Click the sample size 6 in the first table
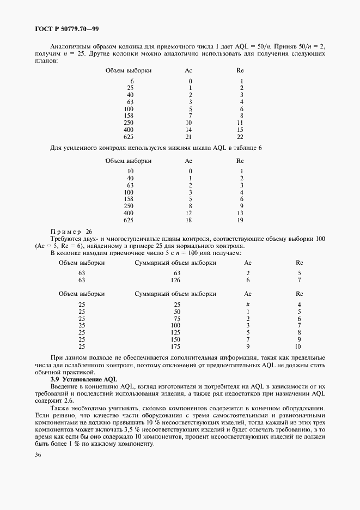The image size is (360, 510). (132, 81)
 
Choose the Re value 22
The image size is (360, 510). (240, 137)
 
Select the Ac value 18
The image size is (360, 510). (188, 220)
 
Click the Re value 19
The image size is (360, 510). (240, 220)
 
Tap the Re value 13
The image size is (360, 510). (240, 213)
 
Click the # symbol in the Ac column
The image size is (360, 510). (247, 304)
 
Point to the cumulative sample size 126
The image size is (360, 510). (175, 280)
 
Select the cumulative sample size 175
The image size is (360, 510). (175, 346)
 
